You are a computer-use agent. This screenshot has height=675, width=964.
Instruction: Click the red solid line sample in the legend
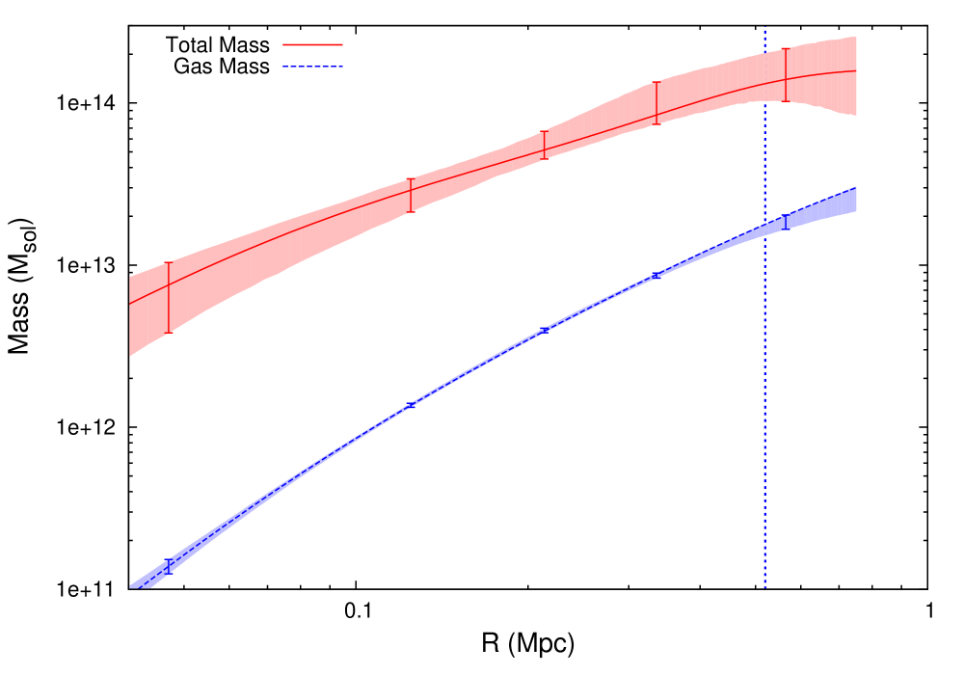[312, 44]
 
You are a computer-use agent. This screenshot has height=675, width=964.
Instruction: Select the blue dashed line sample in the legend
[312, 67]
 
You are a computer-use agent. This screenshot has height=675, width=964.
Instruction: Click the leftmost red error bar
[169, 298]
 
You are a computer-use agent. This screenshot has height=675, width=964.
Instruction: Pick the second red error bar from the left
[411, 196]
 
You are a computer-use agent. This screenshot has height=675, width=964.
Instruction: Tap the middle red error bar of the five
[545, 146]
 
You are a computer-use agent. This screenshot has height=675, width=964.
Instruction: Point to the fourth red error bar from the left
[656, 103]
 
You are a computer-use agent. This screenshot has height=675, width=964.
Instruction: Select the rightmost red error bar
[786, 75]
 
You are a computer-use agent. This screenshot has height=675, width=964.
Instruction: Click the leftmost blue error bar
[169, 566]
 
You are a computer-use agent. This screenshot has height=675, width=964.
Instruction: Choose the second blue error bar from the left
[411, 406]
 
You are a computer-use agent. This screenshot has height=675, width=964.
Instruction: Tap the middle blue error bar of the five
[545, 330]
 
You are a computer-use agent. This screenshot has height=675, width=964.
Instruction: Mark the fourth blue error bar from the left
[656, 276]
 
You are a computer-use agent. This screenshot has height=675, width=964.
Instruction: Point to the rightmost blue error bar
[785, 223]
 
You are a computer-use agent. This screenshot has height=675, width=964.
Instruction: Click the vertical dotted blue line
[765, 386]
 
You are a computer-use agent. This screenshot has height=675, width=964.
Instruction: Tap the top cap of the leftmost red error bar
[169, 262]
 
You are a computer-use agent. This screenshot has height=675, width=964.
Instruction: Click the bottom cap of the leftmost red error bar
[169, 333]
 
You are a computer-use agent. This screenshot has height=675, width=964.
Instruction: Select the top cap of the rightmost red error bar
[786, 48]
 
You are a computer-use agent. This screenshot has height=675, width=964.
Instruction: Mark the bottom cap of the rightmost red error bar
[786, 101]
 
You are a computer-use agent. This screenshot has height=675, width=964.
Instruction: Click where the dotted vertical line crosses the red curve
[765, 82]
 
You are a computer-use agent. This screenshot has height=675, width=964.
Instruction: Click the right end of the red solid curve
[856, 70]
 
